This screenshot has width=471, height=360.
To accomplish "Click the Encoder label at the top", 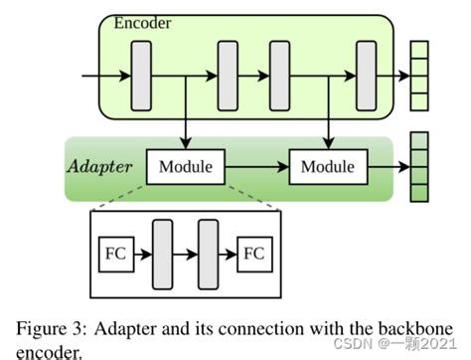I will point(143,23).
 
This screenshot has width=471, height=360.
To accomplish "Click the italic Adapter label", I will point(99,165).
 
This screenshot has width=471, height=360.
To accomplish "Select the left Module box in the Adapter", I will point(186,166).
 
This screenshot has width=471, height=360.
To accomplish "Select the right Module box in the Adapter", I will point(328,166).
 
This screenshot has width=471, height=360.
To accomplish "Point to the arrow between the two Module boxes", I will point(256,166).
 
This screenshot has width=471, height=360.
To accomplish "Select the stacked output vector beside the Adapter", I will point(418,166).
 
